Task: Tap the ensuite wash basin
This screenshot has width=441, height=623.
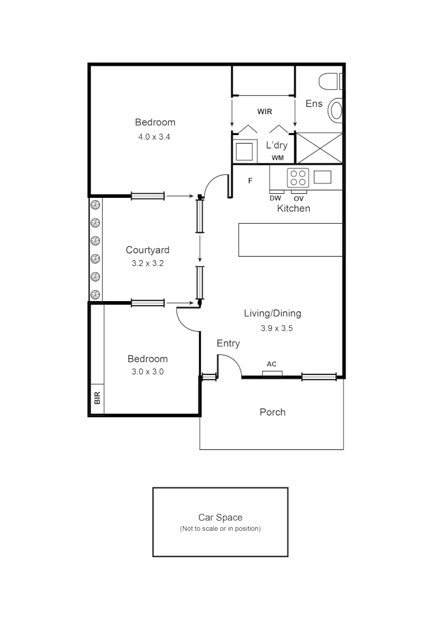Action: point(335,110)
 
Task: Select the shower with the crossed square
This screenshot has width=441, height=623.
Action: point(319,148)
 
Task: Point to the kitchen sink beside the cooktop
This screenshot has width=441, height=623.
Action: point(323,177)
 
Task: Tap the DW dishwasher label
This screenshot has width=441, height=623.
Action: point(275,198)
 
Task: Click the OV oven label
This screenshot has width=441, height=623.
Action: point(298,198)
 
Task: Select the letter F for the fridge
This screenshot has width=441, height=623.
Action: point(251,181)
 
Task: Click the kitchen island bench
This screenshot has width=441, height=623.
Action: point(290,239)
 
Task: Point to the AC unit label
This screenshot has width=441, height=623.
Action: point(271,364)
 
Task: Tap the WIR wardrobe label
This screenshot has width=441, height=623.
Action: point(264,111)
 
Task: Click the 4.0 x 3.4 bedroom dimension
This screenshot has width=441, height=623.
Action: point(155,137)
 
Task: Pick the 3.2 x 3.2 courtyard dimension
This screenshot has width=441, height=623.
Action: point(148,263)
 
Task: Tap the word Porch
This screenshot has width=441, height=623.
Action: point(272,412)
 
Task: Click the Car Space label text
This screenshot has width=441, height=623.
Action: point(220,517)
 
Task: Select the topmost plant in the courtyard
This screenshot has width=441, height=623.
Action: point(96,205)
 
